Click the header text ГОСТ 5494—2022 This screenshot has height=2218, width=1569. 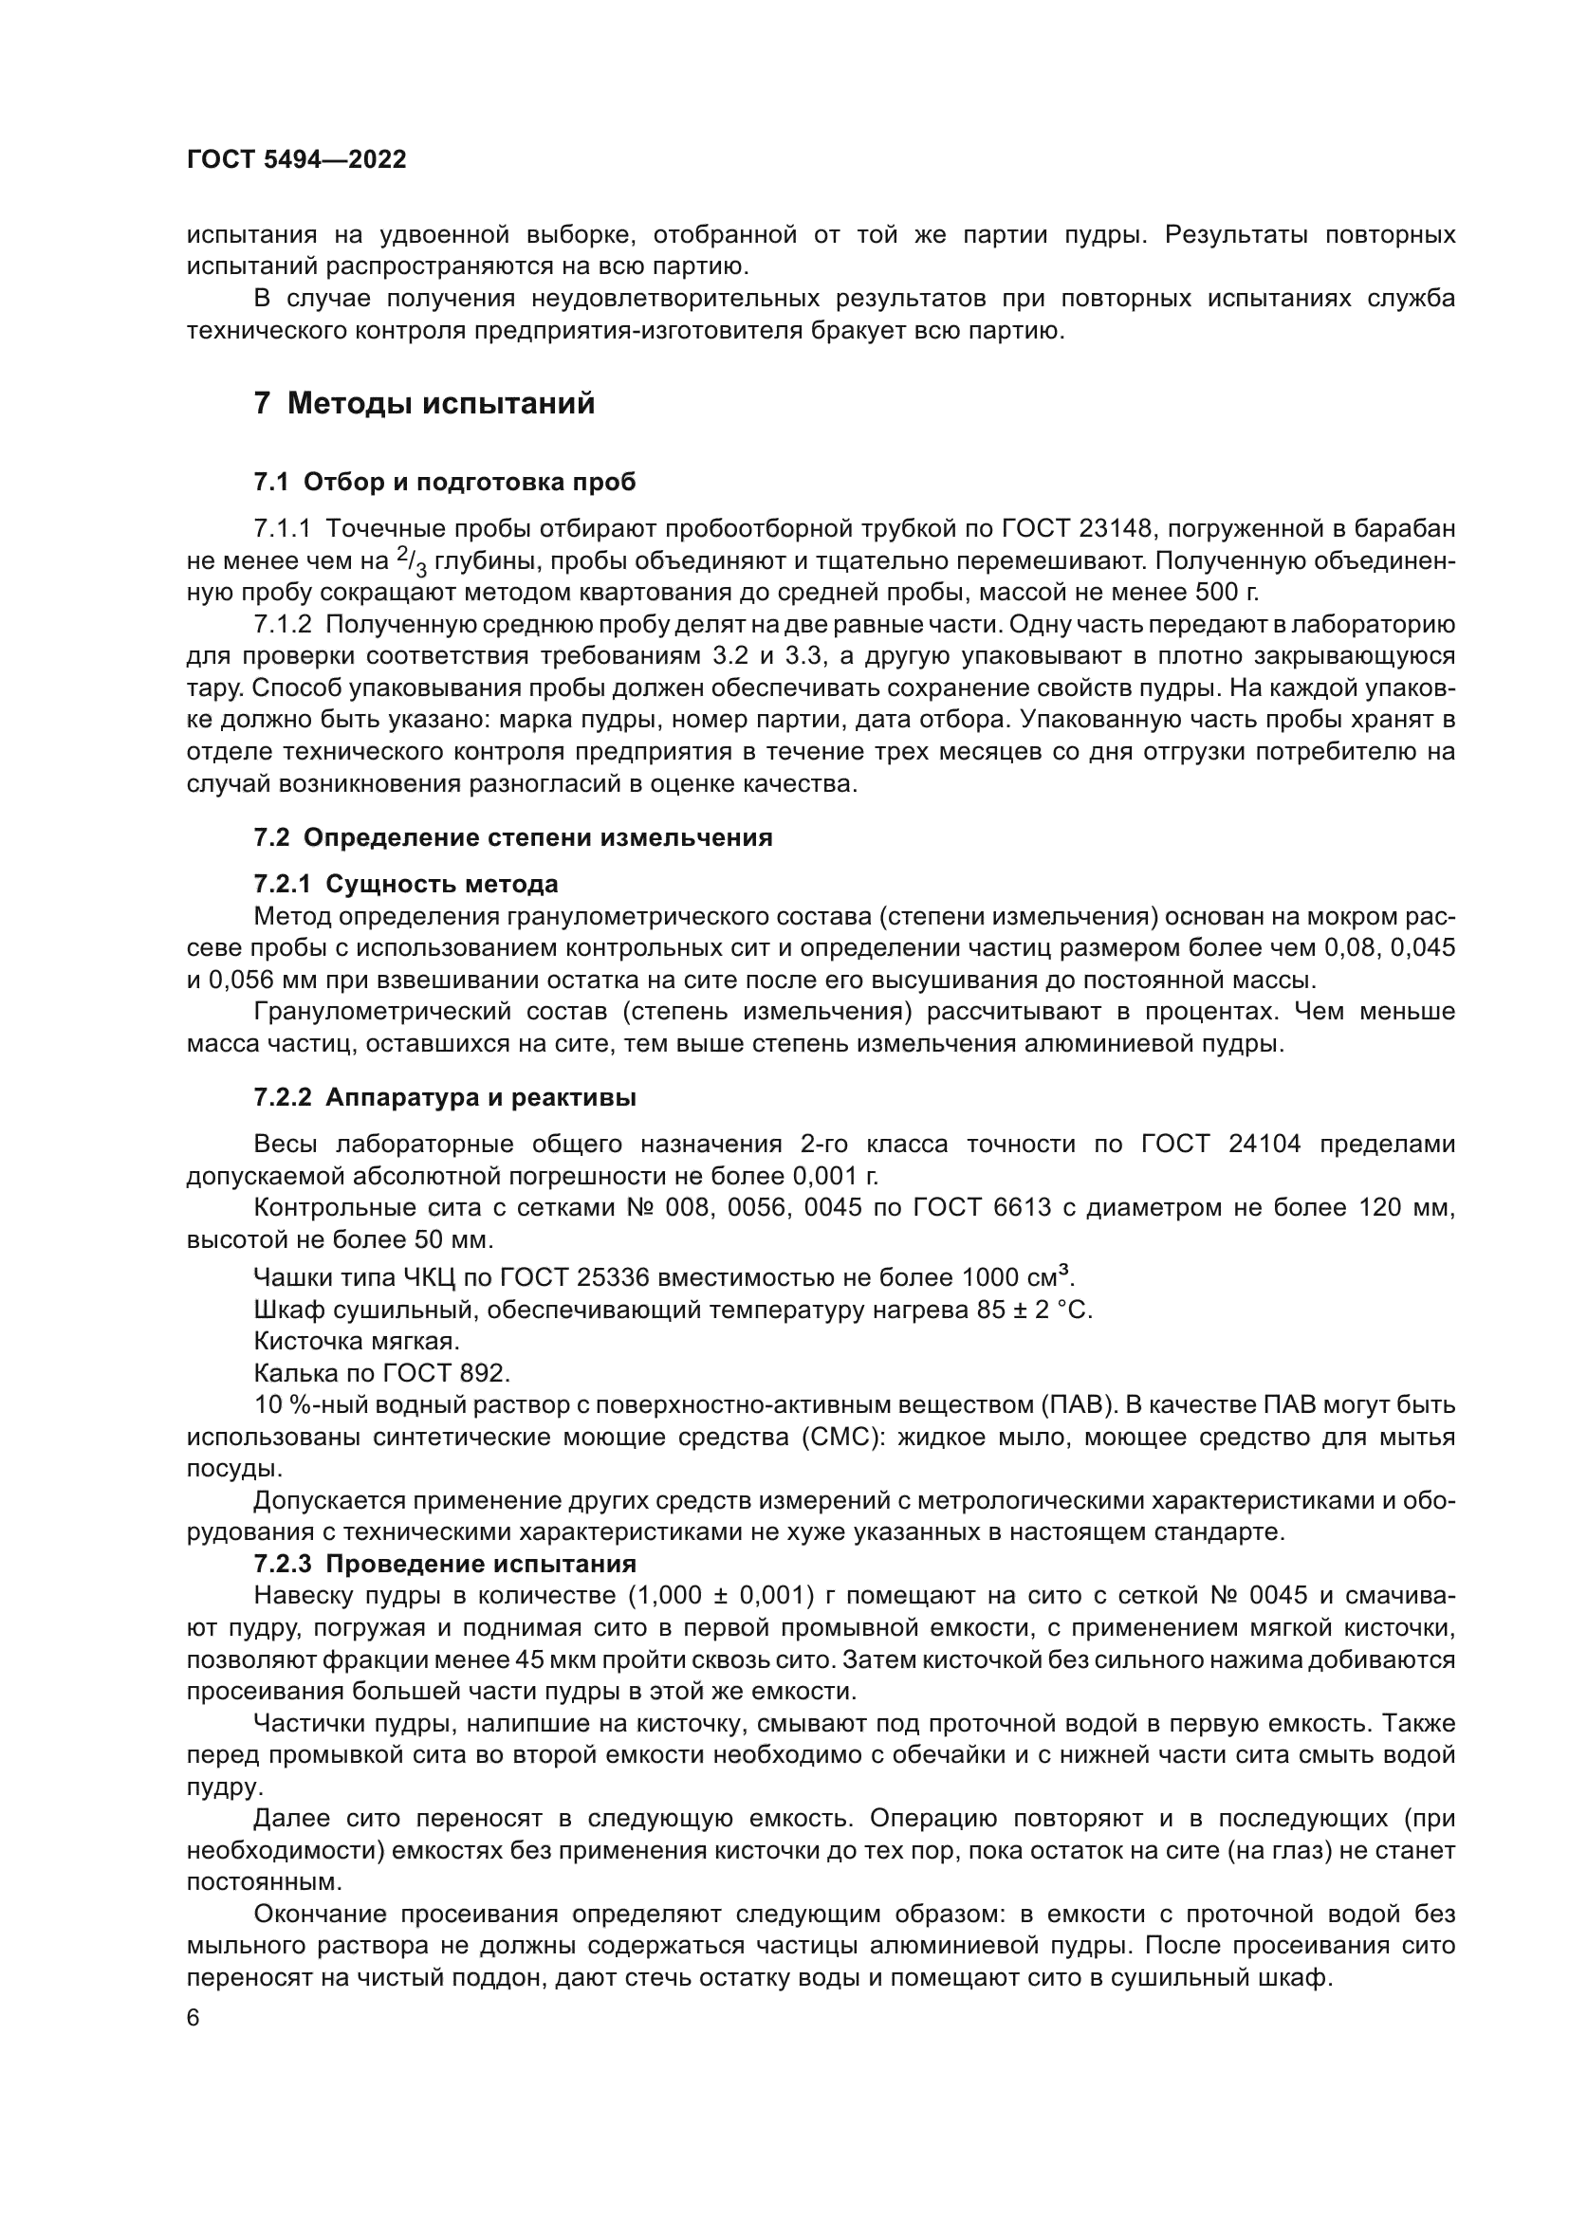tap(297, 160)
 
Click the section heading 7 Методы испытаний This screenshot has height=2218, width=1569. tap(424, 404)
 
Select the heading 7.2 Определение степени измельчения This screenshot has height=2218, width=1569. tap(513, 837)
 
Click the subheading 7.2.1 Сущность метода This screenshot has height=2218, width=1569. tap(406, 884)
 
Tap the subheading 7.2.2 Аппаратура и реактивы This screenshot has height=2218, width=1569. tap(444, 1097)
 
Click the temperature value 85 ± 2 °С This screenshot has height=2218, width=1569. tap(1035, 1310)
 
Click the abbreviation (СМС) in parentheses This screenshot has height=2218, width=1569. tap(840, 1438)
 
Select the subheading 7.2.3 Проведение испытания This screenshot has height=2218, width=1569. tap(444, 1564)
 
